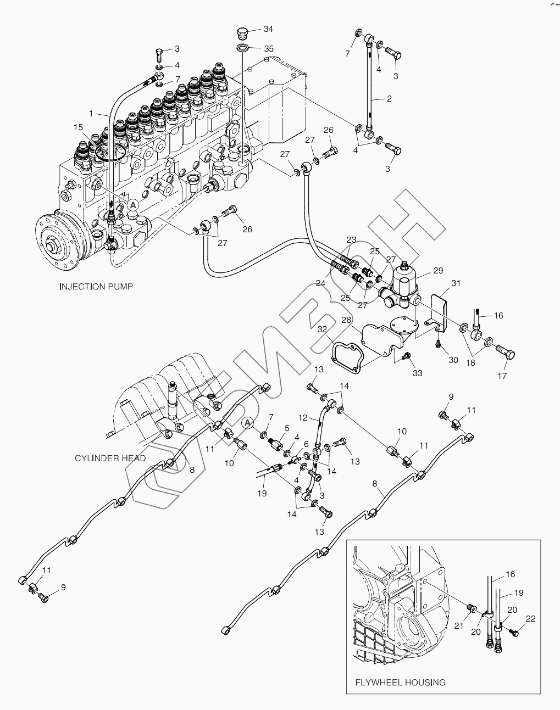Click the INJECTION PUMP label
pyautogui.click(x=96, y=287)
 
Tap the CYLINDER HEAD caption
pyautogui.click(x=110, y=459)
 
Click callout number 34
pyautogui.click(x=268, y=29)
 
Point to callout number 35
pyautogui.click(x=269, y=49)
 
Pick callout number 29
pyautogui.click(x=438, y=271)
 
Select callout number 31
pyautogui.click(x=456, y=283)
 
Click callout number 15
pyautogui.click(x=78, y=127)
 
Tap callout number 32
pyautogui.click(x=322, y=329)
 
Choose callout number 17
pyautogui.click(x=502, y=376)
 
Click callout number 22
pyautogui.click(x=530, y=619)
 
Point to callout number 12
pyautogui.click(x=303, y=418)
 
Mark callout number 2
pyautogui.click(x=389, y=98)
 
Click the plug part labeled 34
pyautogui.click(x=243, y=34)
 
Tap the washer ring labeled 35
pyautogui.click(x=243, y=48)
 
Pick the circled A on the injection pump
pyautogui.click(x=133, y=205)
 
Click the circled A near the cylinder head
pyautogui.click(x=248, y=422)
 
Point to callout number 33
pyautogui.click(x=417, y=373)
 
